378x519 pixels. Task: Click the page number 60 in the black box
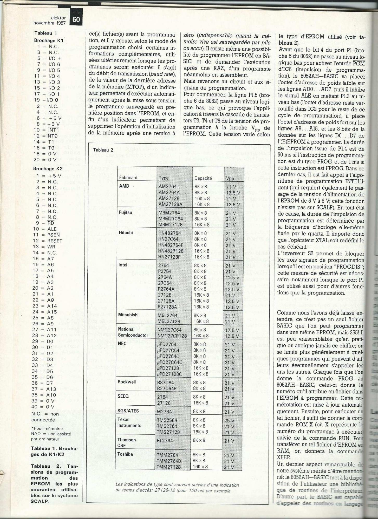point(76,20)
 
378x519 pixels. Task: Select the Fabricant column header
point(128,177)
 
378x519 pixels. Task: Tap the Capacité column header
point(203,178)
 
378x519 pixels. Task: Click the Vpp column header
point(230,178)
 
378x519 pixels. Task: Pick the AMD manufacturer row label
point(124,186)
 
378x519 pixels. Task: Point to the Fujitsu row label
point(125,213)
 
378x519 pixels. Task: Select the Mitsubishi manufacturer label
point(128,315)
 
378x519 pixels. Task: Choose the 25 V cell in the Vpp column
point(230,420)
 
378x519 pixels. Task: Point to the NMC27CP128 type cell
point(172,336)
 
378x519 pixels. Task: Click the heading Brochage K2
point(48,169)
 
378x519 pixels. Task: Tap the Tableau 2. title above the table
point(104,150)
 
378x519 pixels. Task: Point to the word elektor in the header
point(58,18)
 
